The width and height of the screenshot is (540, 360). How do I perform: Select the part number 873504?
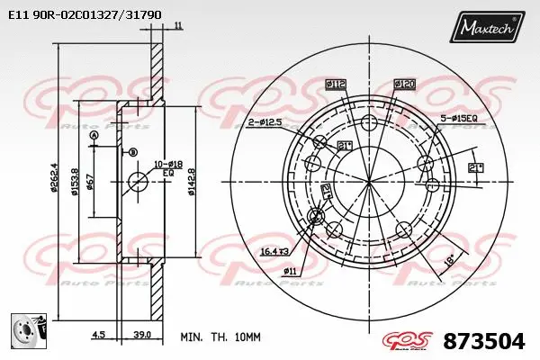point(483,341)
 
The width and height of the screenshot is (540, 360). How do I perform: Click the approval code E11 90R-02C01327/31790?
point(85,15)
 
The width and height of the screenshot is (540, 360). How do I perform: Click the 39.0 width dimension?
point(140,335)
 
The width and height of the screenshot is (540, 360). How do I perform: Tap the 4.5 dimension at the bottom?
point(99,335)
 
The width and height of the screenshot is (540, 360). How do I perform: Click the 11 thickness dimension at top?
point(178,25)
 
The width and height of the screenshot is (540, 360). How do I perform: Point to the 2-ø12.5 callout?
point(265,121)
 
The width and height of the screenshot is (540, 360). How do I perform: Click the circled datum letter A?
point(94,135)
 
